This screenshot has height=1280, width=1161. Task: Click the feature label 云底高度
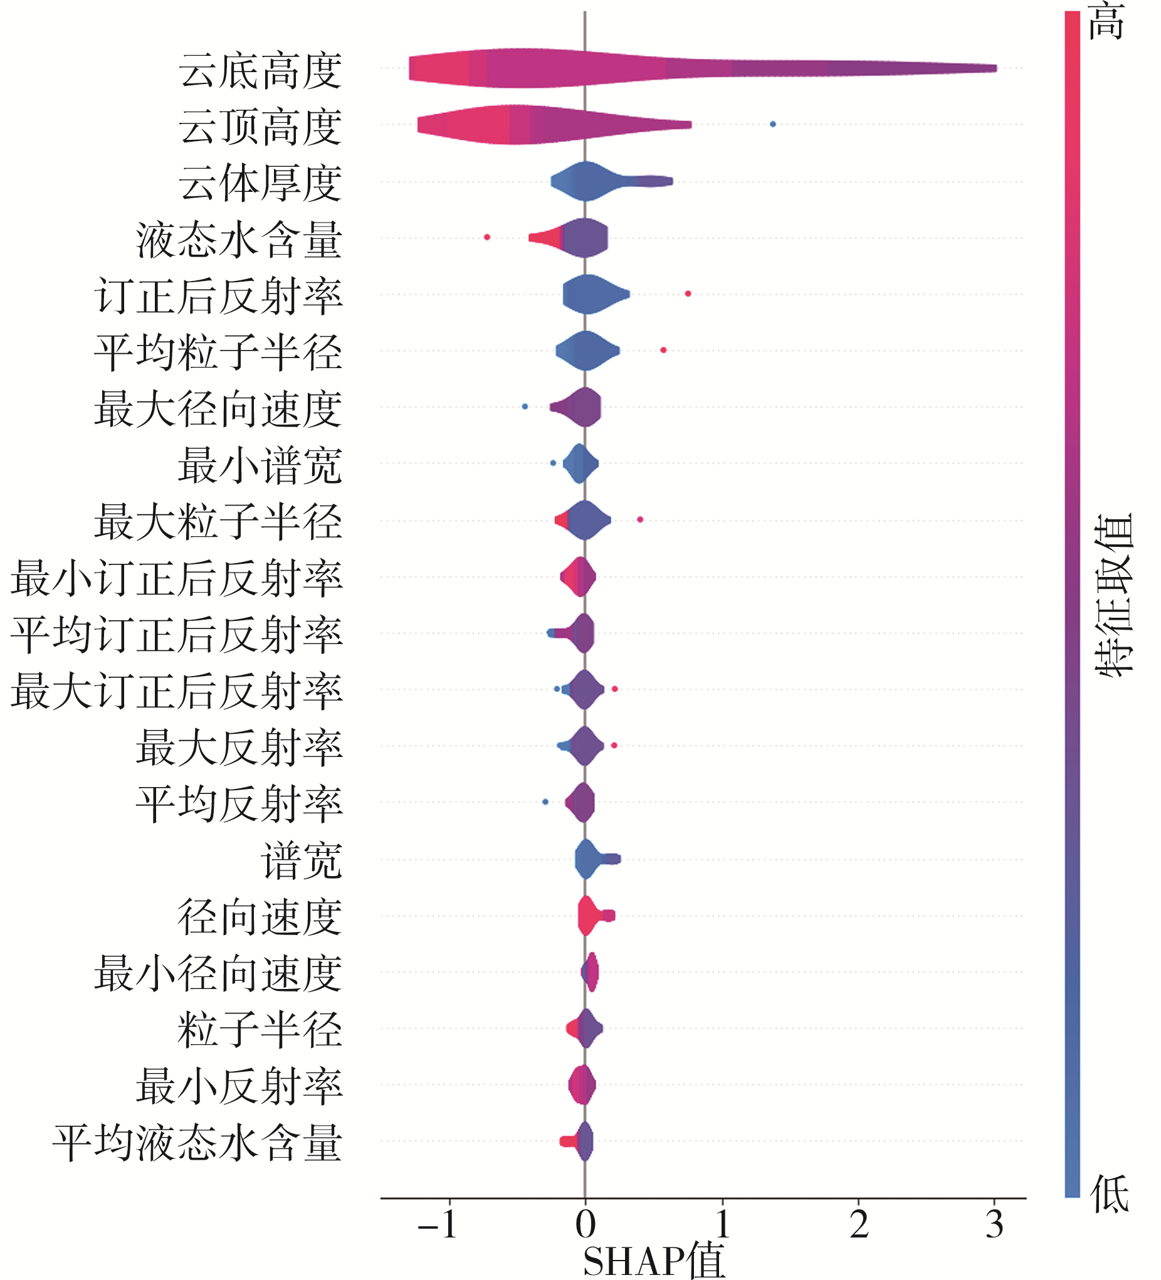click(260, 70)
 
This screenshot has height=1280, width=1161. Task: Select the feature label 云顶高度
click(260, 127)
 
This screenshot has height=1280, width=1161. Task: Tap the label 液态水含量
click(239, 240)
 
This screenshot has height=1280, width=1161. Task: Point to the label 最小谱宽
click(260, 465)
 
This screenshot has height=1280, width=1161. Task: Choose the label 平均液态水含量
click(197, 1143)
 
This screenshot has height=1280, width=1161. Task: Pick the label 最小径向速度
click(218, 973)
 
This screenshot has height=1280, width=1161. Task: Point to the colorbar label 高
click(1106, 21)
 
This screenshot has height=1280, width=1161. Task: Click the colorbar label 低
click(1109, 1193)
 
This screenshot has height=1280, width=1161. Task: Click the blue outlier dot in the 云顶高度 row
click(772, 124)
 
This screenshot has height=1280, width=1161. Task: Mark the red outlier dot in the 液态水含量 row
click(487, 238)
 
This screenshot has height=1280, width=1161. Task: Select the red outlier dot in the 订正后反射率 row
click(688, 294)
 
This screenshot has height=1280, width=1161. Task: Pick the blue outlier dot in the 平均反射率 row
click(545, 802)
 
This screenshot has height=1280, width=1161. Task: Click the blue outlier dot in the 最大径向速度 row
click(525, 406)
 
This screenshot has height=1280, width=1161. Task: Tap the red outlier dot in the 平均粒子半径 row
click(663, 351)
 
